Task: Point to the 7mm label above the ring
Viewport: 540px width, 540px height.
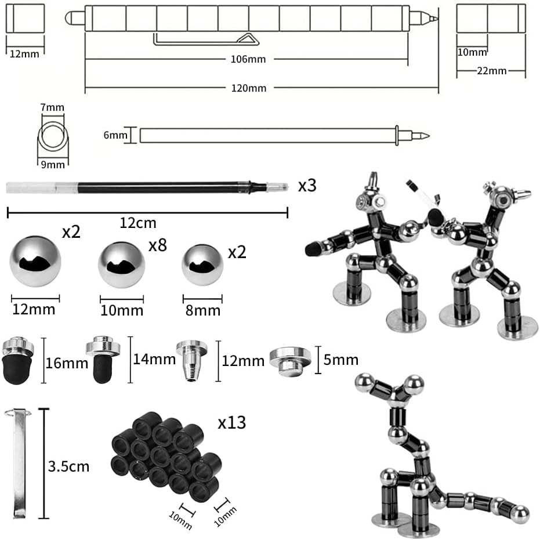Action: pos(52,107)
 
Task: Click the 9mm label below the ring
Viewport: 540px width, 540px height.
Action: pos(52,165)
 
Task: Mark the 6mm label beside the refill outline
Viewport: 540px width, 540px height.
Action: pos(115,135)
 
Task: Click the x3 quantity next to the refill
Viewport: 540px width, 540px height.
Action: pos(307,186)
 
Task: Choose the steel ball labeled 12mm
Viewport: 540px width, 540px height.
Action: pos(35,260)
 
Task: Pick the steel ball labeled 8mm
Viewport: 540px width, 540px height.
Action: pos(202,264)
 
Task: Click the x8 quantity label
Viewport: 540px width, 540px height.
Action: pos(158,245)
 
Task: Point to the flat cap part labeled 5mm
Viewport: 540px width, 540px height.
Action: pos(289,360)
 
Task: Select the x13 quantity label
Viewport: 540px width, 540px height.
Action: pos(232,423)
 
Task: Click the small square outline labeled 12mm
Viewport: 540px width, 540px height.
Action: pos(25,18)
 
